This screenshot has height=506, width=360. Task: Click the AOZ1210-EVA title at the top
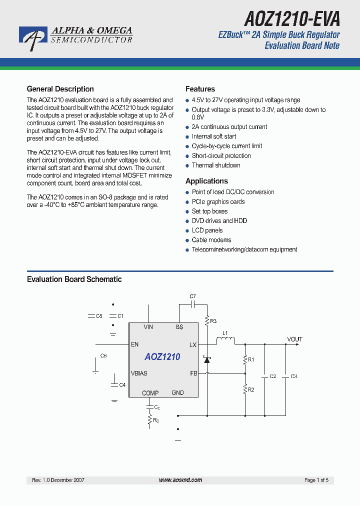(292, 18)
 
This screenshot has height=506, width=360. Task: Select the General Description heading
(60, 89)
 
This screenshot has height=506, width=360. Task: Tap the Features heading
(200, 89)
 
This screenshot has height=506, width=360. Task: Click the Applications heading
(206, 181)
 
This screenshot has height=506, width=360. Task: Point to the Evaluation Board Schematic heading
(74, 279)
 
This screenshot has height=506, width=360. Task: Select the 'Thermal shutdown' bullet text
(216, 165)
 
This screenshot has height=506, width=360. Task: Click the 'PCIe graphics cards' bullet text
(218, 202)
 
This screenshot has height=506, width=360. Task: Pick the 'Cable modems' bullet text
(211, 240)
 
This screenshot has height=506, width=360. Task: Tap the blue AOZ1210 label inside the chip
(162, 357)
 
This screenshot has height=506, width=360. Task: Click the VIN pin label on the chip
(148, 327)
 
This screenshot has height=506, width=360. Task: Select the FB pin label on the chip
(193, 373)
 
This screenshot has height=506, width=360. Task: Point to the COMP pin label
(150, 393)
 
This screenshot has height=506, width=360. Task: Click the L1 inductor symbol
(225, 341)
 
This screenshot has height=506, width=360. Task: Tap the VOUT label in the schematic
(294, 339)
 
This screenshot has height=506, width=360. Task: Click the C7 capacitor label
(193, 296)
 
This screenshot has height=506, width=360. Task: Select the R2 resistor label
(251, 389)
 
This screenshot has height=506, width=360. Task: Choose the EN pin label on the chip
(134, 344)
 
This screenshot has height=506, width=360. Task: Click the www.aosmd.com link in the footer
(180, 480)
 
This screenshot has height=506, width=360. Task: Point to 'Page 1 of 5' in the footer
(316, 480)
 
